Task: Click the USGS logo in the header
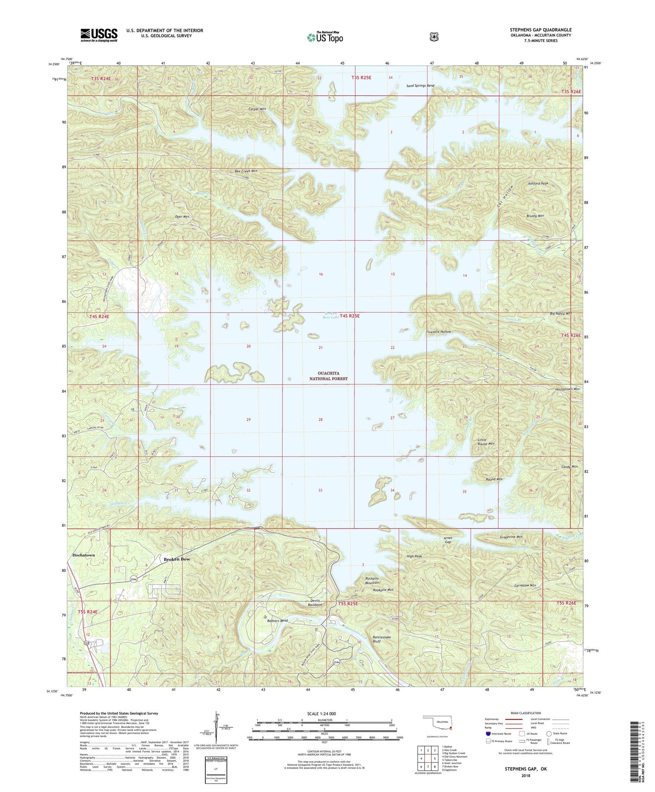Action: [x=99, y=35]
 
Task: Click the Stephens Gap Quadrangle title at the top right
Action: [x=541, y=30]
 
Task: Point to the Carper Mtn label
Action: [x=257, y=109]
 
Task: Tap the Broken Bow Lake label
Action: [x=331, y=315]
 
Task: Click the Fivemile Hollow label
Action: [x=438, y=332]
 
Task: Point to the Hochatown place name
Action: [x=83, y=555]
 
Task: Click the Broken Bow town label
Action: [x=177, y=559]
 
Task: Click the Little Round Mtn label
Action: [x=486, y=442]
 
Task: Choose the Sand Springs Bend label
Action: [x=420, y=86]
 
